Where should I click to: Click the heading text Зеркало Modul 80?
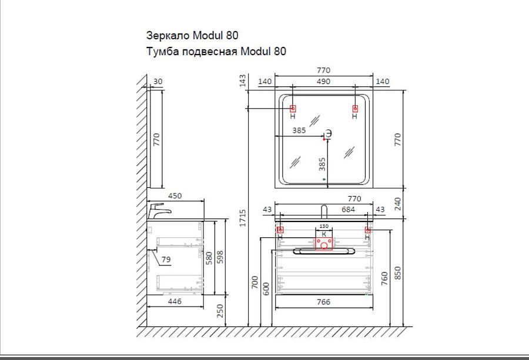[x=192, y=36]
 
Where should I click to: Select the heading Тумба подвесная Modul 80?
[x=216, y=52]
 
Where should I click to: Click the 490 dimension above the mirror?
[x=323, y=82]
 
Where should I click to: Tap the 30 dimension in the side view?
[x=158, y=82]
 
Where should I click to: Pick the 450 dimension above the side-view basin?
[x=175, y=196]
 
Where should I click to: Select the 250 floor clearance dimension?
[x=221, y=311]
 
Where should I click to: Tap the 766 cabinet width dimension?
[x=323, y=302]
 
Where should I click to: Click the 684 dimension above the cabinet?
[x=349, y=210]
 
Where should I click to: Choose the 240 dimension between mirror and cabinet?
[x=397, y=203]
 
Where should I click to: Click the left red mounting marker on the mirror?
[x=293, y=109]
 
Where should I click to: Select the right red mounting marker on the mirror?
[x=354, y=109]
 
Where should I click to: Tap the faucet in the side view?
[x=159, y=210]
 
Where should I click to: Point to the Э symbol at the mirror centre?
[x=329, y=132]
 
